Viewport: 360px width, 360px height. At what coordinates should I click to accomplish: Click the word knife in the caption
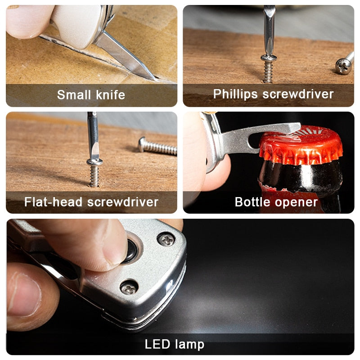click(110, 94)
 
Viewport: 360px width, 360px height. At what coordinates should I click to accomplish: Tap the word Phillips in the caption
click(235, 94)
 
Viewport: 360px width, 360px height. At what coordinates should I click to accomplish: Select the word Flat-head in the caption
click(53, 202)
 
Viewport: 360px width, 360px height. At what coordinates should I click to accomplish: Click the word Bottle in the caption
click(252, 202)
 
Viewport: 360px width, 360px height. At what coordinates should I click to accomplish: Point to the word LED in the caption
click(157, 344)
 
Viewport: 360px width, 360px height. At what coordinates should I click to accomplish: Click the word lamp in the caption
click(189, 345)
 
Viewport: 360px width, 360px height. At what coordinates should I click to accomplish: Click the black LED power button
click(130, 251)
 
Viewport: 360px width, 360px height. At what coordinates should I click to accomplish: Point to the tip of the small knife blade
click(154, 79)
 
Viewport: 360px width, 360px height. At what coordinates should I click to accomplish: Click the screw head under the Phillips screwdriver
click(269, 58)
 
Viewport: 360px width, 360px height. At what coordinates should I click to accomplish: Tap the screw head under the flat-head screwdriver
click(94, 162)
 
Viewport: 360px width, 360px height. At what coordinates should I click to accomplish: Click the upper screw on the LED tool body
click(166, 239)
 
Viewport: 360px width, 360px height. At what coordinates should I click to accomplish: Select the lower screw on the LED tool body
click(129, 288)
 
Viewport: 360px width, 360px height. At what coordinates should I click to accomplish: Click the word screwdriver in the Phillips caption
click(298, 94)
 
